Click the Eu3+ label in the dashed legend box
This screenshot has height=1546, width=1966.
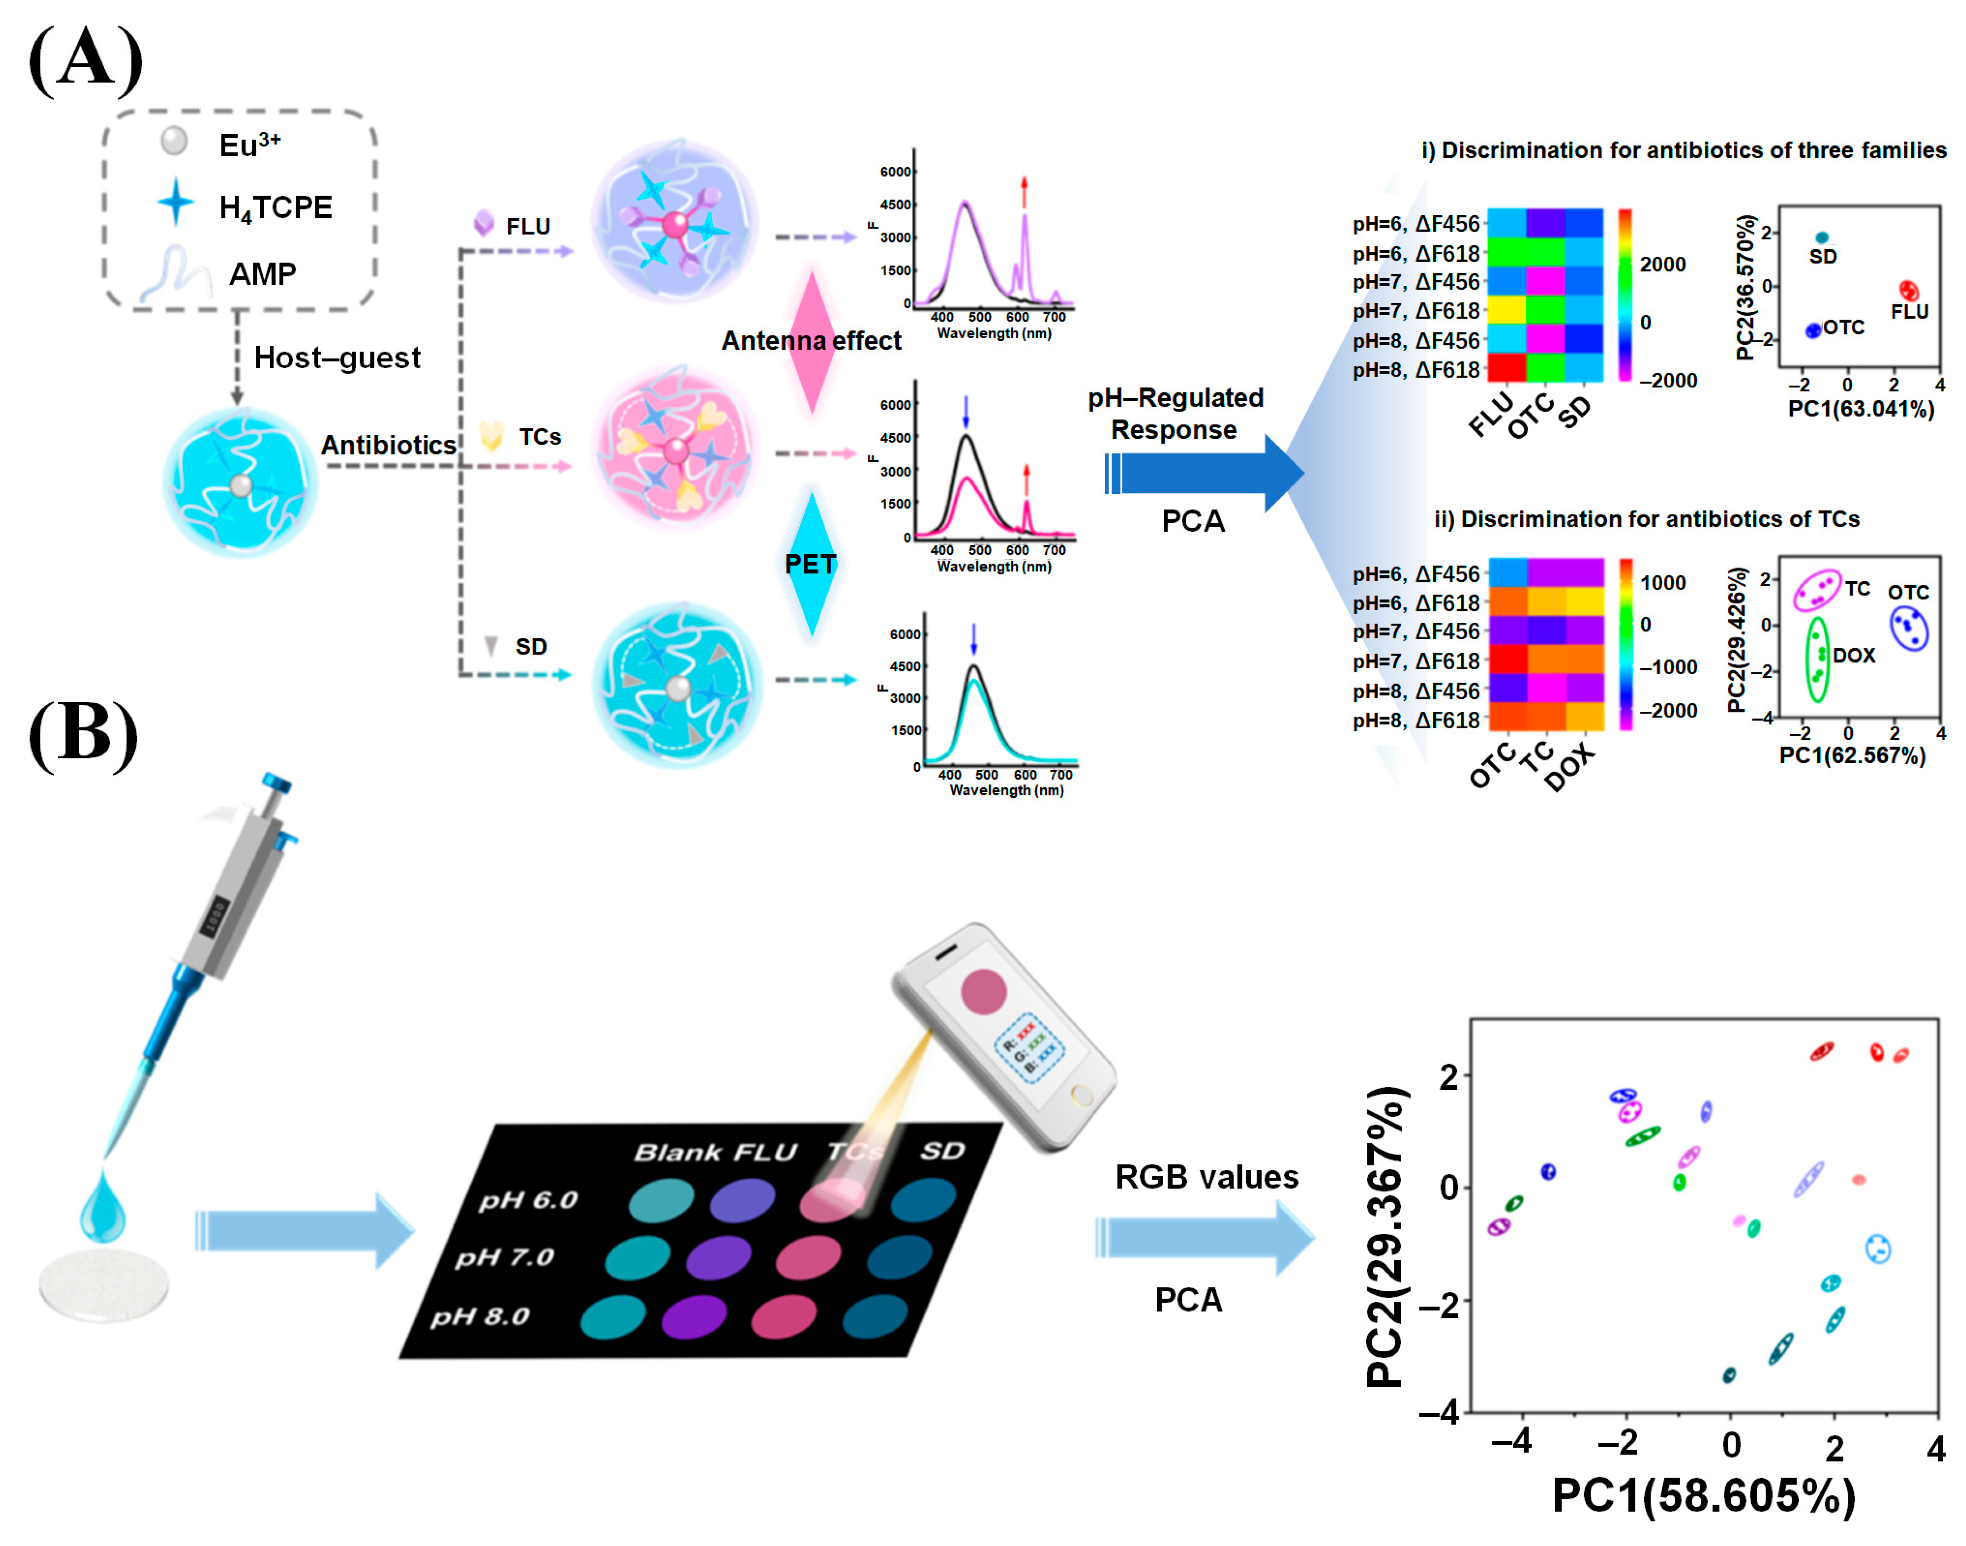click(x=249, y=145)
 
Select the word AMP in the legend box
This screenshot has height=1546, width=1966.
click(x=263, y=273)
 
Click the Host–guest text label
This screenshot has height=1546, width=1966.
click(x=337, y=357)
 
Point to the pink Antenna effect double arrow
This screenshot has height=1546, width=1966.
click(x=812, y=342)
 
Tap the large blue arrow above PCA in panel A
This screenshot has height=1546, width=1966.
click(x=1204, y=472)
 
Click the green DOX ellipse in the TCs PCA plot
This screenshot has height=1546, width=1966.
click(x=1817, y=659)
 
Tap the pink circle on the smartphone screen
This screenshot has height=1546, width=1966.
click(x=983, y=991)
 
